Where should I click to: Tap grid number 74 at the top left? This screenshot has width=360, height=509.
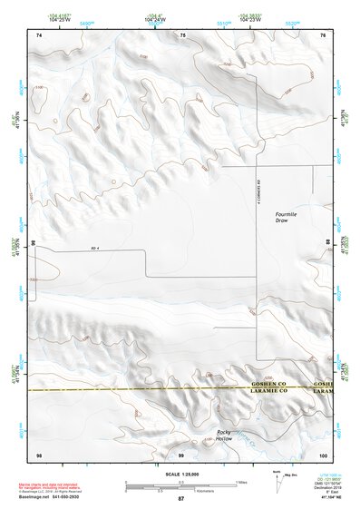(39, 34)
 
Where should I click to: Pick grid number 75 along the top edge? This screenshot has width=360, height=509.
(182, 34)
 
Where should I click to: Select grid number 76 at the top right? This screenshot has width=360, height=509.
(323, 34)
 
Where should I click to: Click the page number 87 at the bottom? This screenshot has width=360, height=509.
(180, 499)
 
